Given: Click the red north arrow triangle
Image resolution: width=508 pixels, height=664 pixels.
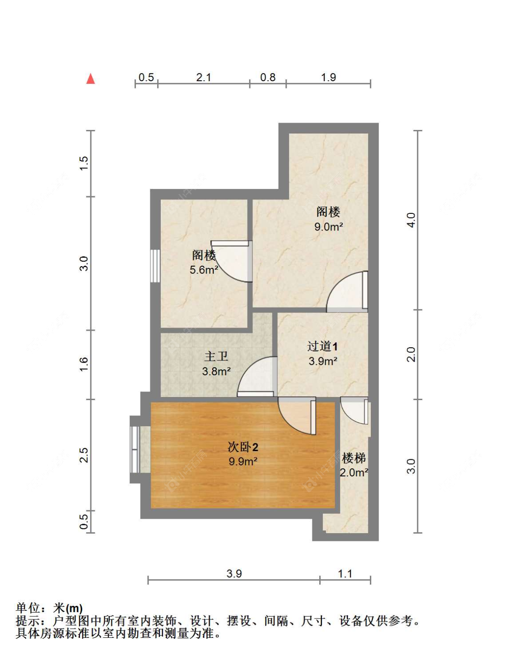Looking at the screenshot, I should click(x=91, y=79).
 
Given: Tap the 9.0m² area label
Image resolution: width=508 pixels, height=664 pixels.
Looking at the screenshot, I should click(x=328, y=227).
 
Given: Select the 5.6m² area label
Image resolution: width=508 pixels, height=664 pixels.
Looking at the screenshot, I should click(x=204, y=270).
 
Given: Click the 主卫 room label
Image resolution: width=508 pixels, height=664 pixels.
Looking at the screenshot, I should click(x=216, y=356).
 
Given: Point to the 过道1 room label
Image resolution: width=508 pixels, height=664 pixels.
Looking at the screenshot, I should click(x=322, y=346).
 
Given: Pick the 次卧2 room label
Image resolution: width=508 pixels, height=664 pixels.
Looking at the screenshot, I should click(x=243, y=447).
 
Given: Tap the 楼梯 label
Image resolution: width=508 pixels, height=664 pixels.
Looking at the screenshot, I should click(x=354, y=458).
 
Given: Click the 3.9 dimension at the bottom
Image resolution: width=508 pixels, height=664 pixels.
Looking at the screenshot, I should click(x=234, y=574).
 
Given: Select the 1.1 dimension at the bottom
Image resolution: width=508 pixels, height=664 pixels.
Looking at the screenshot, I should click(x=345, y=574).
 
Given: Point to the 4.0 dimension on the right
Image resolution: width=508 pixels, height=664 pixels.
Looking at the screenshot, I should click(x=411, y=220).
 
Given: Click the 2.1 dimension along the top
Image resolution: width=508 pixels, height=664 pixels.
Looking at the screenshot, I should click(x=204, y=78).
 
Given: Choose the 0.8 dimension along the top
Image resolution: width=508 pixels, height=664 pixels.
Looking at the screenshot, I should click(x=268, y=78).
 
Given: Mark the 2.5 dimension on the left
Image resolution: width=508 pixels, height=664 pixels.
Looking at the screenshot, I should click(x=84, y=455).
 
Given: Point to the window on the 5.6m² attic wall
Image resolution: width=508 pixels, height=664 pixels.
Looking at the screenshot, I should click(x=155, y=266).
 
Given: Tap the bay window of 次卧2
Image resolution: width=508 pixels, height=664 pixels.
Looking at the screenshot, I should click(x=135, y=449).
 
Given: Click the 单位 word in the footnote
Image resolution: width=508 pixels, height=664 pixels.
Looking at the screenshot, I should click(x=28, y=609).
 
